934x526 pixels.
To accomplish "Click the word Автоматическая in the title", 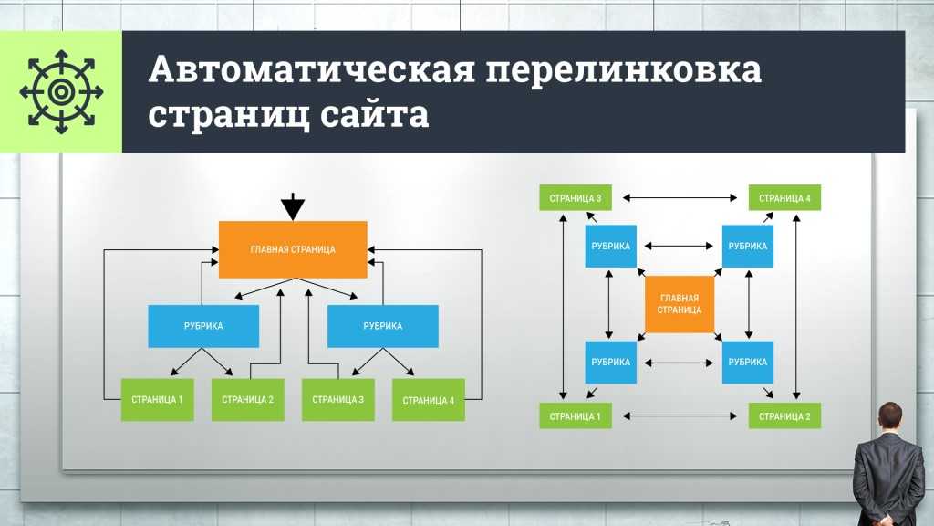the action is pyautogui.click(x=312, y=69).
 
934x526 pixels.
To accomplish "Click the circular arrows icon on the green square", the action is pyautogui.click(x=61, y=92).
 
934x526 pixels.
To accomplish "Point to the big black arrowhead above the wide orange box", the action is pyautogui.click(x=293, y=207).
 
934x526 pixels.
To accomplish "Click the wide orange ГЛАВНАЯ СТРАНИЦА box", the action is pyautogui.click(x=293, y=249).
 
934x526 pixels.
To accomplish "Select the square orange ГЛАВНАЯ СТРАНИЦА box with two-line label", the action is pyautogui.click(x=679, y=304).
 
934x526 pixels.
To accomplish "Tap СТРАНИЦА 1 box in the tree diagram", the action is pyautogui.click(x=157, y=400).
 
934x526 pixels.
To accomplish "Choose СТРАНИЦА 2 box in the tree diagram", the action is pyautogui.click(x=248, y=400).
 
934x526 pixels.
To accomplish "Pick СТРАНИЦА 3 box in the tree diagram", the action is pyautogui.click(x=338, y=400).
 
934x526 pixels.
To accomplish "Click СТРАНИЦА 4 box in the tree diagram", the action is pyautogui.click(x=429, y=400).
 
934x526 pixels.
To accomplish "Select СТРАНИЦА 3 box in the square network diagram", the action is pyautogui.click(x=576, y=198).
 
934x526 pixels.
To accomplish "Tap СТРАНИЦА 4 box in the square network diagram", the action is pyautogui.click(x=784, y=198).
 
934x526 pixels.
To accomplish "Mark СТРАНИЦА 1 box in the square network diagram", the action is pyautogui.click(x=576, y=416).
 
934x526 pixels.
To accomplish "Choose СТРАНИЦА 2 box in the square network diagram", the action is pyautogui.click(x=784, y=416).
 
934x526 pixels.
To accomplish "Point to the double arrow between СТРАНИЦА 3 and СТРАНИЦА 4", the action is pyautogui.click(x=680, y=197).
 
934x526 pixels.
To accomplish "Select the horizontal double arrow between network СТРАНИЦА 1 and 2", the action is pyautogui.click(x=680, y=416).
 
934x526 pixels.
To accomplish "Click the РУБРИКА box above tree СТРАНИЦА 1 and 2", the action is pyautogui.click(x=203, y=326).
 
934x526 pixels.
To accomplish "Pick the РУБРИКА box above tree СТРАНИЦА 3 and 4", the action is pyautogui.click(x=383, y=326).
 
